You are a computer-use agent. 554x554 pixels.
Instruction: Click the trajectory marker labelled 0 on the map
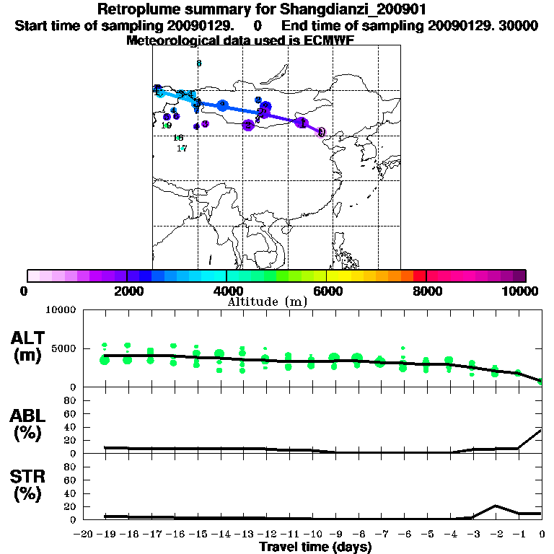pyautogui.click(x=321, y=132)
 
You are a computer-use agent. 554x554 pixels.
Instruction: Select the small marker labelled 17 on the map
pyautogui.click(x=182, y=149)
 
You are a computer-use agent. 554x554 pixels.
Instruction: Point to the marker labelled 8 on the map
pyautogui.click(x=198, y=63)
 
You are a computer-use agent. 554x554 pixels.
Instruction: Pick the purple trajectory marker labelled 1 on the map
pyautogui.click(x=302, y=123)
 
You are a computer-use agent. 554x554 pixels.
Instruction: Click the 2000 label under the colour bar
pyautogui.click(x=126, y=291)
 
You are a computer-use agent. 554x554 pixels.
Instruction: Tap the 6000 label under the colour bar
pyautogui.click(x=326, y=291)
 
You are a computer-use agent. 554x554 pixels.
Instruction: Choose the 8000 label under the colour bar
pyautogui.click(x=426, y=291)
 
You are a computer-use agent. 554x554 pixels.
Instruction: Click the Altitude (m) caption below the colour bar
pyautogui.click(x=267, y=302)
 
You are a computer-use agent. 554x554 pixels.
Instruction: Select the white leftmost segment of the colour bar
pyautogui.click(x=33, y=276)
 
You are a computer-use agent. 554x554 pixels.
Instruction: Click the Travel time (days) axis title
pyautogui.click(x=315, y=548)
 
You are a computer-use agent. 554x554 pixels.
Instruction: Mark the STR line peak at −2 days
pyautogui.click(x=496, y=506)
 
